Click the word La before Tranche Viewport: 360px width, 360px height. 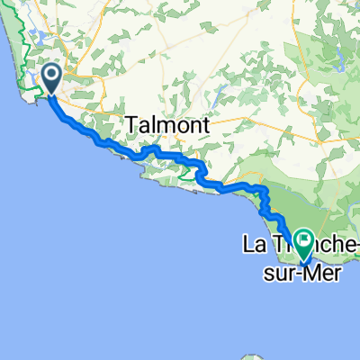[252, 243]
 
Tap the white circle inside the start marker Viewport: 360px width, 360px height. [50, 76]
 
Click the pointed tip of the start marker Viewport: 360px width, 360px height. [50, 94]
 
